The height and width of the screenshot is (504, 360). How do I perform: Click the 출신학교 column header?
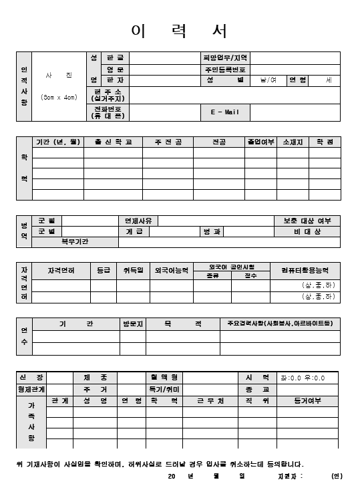click(x=113, y=142)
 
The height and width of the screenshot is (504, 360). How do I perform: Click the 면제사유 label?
click(x=138, y=221)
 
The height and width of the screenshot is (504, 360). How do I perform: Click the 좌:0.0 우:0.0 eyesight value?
click(x=303, y=378)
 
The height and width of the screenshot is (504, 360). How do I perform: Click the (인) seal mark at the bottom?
click(x=336, y=476)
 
